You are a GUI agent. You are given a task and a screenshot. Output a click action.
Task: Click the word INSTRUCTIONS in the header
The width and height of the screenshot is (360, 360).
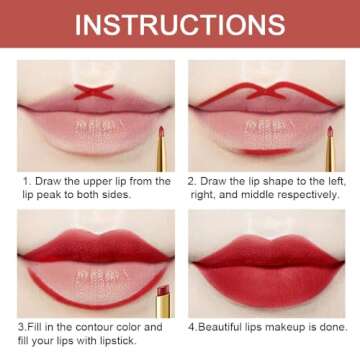[180, 22]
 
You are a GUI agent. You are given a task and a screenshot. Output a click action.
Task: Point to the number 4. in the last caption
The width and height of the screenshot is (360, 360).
[191, 326]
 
